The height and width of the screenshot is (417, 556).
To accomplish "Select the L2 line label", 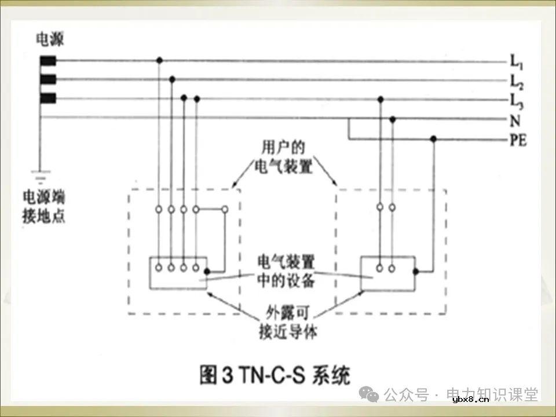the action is (x=515, y=80).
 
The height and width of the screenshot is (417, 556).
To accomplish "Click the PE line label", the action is (x=518, y=140).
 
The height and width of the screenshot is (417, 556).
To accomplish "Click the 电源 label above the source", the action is (x=50, y=39).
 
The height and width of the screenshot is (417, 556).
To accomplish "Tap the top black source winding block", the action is (x=48, y=60).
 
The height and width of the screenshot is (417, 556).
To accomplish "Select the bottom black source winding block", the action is (x=48, y=98).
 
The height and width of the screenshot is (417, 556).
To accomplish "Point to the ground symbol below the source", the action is (x=40, y=173).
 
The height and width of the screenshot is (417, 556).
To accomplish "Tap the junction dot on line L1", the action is (x=159, y=60).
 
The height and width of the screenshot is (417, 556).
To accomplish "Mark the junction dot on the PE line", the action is (x=433, y=139).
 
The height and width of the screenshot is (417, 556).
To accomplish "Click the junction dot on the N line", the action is (x=393, y=119).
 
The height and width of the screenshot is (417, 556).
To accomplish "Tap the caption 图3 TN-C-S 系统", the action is (x=275, y=376).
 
